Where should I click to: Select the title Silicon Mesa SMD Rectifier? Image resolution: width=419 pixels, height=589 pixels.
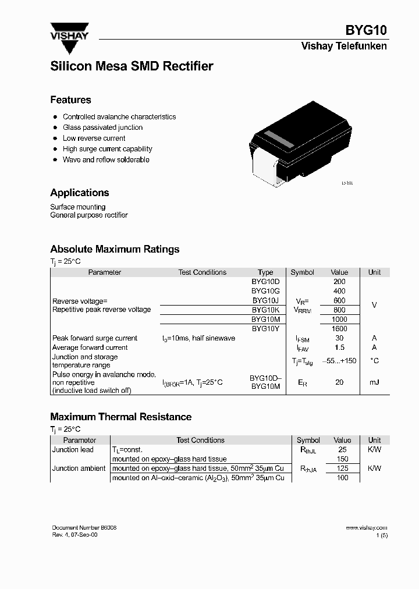(x=132, y=66)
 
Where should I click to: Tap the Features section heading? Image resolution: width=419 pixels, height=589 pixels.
(x=70, y=100)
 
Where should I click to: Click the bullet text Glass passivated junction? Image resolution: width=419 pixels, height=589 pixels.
(x=102, y=127)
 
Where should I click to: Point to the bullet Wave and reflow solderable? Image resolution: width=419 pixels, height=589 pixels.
(x=106, y=159)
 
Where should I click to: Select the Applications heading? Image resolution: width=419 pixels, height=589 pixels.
(x=79, y=193)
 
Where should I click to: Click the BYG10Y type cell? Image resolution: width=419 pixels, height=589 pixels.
(x=265, y=328)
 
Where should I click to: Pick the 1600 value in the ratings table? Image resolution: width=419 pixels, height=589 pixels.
(x=339, y=328)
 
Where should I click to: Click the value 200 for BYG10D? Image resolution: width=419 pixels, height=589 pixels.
(x=339, y=282)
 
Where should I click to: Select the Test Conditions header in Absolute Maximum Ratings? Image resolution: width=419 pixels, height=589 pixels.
(x=202, y=272)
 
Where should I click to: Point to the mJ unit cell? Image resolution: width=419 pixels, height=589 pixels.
(x=374, y=382)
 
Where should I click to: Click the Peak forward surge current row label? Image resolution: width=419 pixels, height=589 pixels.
(x=95, y=338)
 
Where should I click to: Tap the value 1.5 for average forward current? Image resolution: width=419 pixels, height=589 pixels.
(x=339, y=347)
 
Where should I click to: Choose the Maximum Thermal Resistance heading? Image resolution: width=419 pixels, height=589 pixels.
(x=120, y=417)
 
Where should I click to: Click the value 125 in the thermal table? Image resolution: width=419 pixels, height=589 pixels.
(x=342, y=469)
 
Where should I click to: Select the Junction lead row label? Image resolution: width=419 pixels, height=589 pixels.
(x=73, y=450)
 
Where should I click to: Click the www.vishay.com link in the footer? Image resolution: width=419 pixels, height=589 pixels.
(x=366, y=527)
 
